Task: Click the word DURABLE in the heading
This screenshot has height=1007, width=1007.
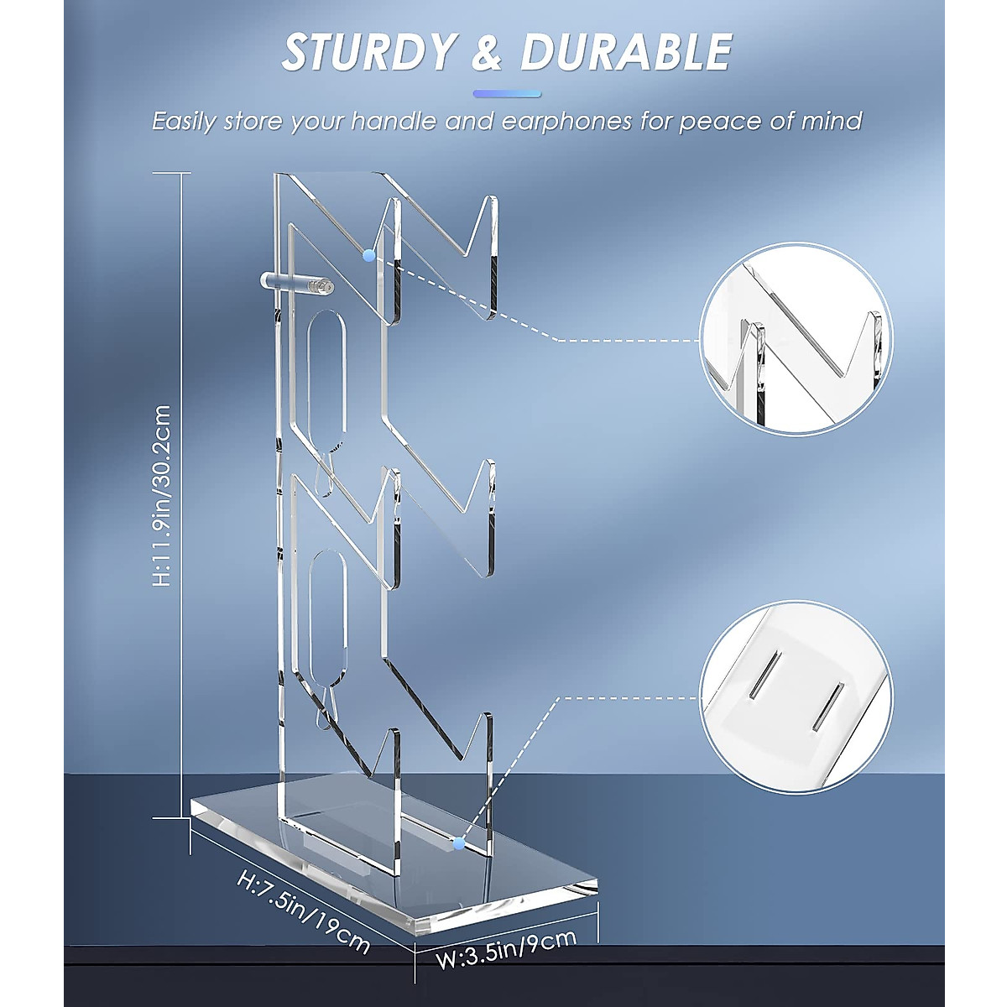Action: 625,52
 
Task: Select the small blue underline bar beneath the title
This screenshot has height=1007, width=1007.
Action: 507,93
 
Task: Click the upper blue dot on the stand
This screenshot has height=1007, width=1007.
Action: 368,255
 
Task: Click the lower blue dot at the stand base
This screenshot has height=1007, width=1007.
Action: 458,842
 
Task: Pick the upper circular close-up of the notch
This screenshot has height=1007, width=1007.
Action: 798,339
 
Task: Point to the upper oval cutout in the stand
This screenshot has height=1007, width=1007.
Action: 326,369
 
